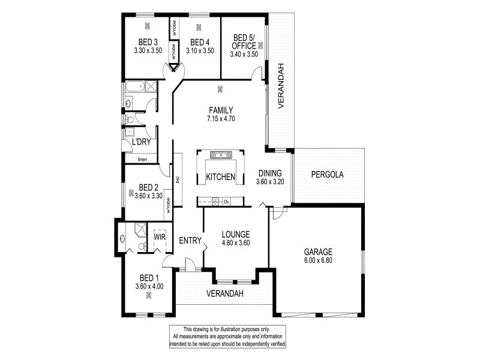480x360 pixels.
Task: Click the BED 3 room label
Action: click(x=148, y=42)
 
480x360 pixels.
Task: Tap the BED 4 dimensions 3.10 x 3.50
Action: click(x=200, y=51)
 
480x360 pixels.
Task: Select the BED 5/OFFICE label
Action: click(x=244, y=42)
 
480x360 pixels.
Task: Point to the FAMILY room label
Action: click(x=221, y=110)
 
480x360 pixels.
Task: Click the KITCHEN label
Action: click(x=221, y=177)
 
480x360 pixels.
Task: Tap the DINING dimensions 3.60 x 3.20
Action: click(x=270, y=182)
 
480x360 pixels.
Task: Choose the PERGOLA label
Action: click(x=327, y=175)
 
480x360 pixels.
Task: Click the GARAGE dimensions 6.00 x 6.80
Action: click(x=318, y=260)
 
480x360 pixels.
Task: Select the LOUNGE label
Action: click(x=236, y=235)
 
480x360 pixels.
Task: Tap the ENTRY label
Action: click(x=190, y=241)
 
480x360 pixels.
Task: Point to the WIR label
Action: click(x=160, y=237)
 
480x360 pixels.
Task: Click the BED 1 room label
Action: click(x=149, y=278)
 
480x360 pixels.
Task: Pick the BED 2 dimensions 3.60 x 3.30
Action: click(x=148, y=196)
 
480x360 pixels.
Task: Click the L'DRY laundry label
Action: click(x=142, y=142)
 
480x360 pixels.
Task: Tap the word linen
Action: click(x=142, y=159)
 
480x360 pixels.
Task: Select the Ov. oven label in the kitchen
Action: click(x=227, y=202)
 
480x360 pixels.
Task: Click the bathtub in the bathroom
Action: click(x=135, y=86)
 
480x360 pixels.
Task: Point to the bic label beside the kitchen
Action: click(x=178, y=179)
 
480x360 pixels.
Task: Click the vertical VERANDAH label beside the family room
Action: click(x=281, y=86)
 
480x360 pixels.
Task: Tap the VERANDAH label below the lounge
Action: click(x=225, y=293)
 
